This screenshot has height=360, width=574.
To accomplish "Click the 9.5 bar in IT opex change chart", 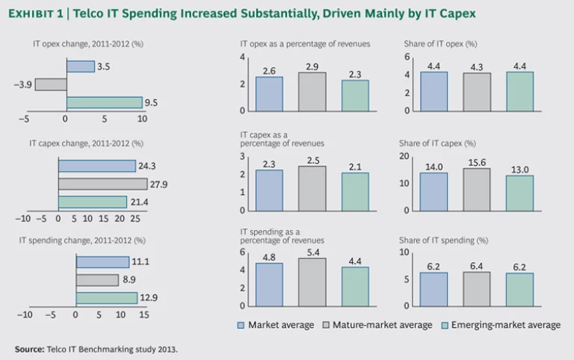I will pyautogui.click(x=104, y=102).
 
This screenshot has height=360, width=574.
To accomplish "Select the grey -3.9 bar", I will pyautogui.click(x=50, y=84).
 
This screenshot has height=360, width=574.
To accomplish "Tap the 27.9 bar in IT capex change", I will pyautogui.click(x=102, y=184).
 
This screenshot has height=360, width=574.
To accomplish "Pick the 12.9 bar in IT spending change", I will pyautogui.click(x=106, y=298).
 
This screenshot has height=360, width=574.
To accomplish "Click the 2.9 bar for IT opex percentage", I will pyautogui.click(x=312, y=91).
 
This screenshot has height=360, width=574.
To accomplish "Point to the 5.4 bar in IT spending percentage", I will pyautogui.click(x=312, y=282).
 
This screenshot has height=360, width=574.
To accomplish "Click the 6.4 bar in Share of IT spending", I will pyautogui.click(x=477, y=289).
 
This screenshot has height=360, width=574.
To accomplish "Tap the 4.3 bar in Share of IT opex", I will pyautogui.click(x=477, y=92).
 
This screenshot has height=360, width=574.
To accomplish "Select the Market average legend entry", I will pyautogui.click(x=274, y=325).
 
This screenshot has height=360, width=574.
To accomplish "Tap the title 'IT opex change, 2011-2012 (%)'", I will pyautogui.click(x=87, y=44).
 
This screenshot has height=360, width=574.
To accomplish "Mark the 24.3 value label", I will pyautogui.click(x=146, y=166).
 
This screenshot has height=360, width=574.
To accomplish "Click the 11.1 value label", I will pyautogui.click(x=141, y=262).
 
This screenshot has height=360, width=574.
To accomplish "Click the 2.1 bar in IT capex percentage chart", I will pyautogui.click(x=355, y=191).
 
